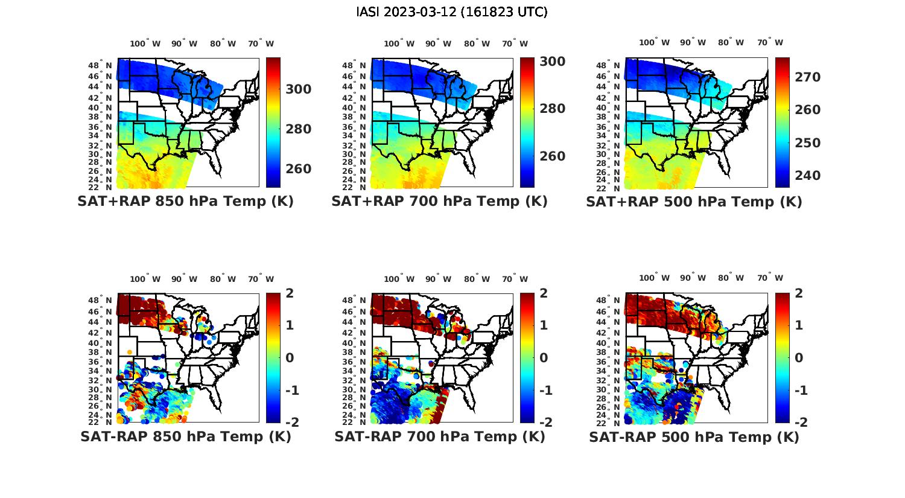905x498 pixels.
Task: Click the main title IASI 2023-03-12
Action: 452,12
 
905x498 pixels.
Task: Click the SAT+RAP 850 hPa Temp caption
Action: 185,202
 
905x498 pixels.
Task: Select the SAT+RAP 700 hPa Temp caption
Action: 439,202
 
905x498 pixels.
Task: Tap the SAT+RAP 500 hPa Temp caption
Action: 694,202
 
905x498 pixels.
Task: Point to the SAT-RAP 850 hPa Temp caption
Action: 185,437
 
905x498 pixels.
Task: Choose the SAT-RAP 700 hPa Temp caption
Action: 439,437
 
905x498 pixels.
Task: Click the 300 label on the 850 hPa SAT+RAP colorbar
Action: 299,89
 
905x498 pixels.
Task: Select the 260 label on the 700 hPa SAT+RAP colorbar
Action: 552,156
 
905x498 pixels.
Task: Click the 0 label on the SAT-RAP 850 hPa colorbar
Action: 290,358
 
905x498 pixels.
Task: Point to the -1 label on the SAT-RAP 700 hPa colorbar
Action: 545,391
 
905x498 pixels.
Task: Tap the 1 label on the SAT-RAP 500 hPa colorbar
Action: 799,325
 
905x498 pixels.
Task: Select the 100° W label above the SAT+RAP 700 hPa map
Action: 399,43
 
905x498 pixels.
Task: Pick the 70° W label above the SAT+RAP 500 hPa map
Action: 770,42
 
